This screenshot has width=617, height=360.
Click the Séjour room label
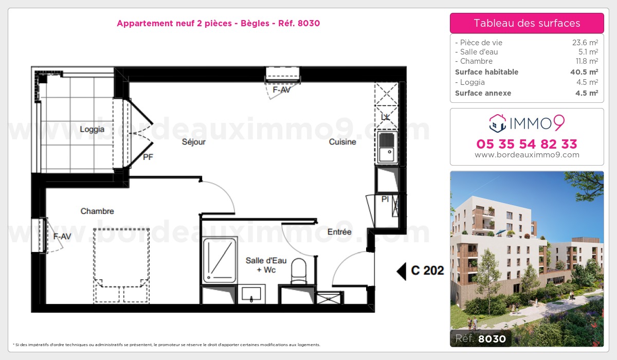(194, 142)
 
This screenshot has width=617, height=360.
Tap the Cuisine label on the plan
(342, 142)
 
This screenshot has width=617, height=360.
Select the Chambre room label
(97, 211)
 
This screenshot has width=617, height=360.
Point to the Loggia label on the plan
(92, 130)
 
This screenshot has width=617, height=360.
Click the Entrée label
(339, 232)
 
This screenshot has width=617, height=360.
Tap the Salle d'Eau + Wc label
(262, 265)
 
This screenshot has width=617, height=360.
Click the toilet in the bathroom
(299, 271)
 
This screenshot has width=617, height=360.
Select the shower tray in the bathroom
(220, 260)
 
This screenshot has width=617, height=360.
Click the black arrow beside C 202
(401, 271)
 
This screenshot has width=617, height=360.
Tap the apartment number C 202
(427, 271)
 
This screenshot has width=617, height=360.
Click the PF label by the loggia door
(148, 157)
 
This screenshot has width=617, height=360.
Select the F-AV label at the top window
(282, 89)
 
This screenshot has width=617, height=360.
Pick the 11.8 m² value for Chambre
(586, 61)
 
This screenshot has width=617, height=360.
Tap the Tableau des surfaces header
(527, 23)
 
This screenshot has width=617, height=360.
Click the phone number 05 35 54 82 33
(527, 143)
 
